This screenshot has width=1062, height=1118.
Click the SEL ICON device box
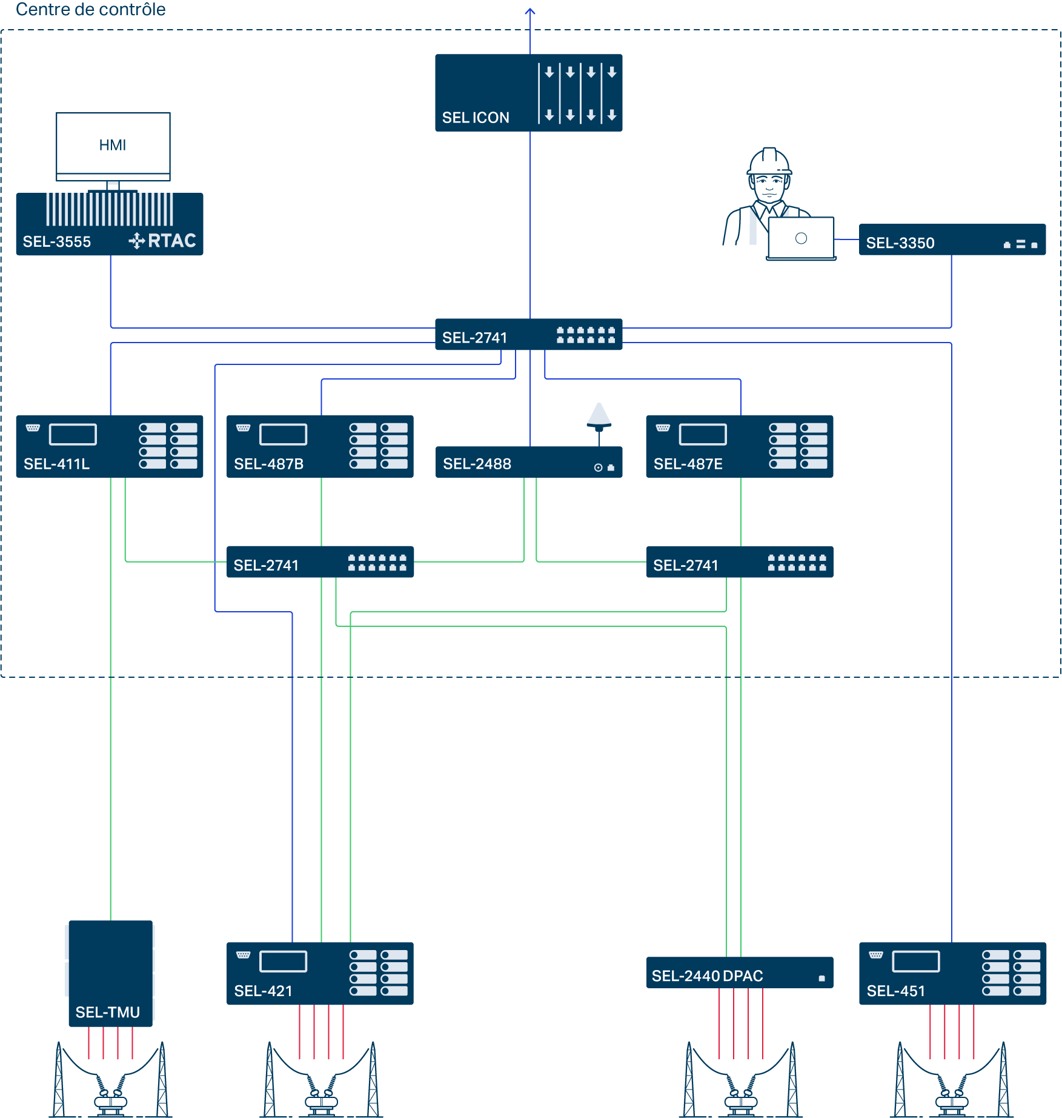click(528, 93)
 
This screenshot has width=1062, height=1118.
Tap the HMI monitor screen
click(113, 144)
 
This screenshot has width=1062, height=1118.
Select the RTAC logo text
click(171, 241)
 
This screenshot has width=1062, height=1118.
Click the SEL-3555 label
click(57, 242)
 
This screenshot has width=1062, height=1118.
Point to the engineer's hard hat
click(769, 161)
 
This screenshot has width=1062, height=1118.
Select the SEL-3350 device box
click(952, 240)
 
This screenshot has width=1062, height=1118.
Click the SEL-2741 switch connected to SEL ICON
click(528, 335)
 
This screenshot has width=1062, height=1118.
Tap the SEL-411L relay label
click(56, 464)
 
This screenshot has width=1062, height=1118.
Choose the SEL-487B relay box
click(320, 446)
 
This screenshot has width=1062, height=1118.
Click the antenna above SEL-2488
click(599, 416)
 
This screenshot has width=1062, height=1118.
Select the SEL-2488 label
click(477, 464)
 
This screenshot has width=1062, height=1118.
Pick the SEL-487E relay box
click(739, 446)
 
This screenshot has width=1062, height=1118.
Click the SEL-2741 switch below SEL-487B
click(320, 562)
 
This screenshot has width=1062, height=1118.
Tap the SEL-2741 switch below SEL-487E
click(739, 562)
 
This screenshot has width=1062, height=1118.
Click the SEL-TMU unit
click(110, 972)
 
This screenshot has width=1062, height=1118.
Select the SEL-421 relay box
click(320, 973)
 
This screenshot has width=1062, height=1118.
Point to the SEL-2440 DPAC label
click(707, 976)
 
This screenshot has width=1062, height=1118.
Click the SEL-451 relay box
click(952, 973)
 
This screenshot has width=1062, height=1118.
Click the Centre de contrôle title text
click(91, 9)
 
